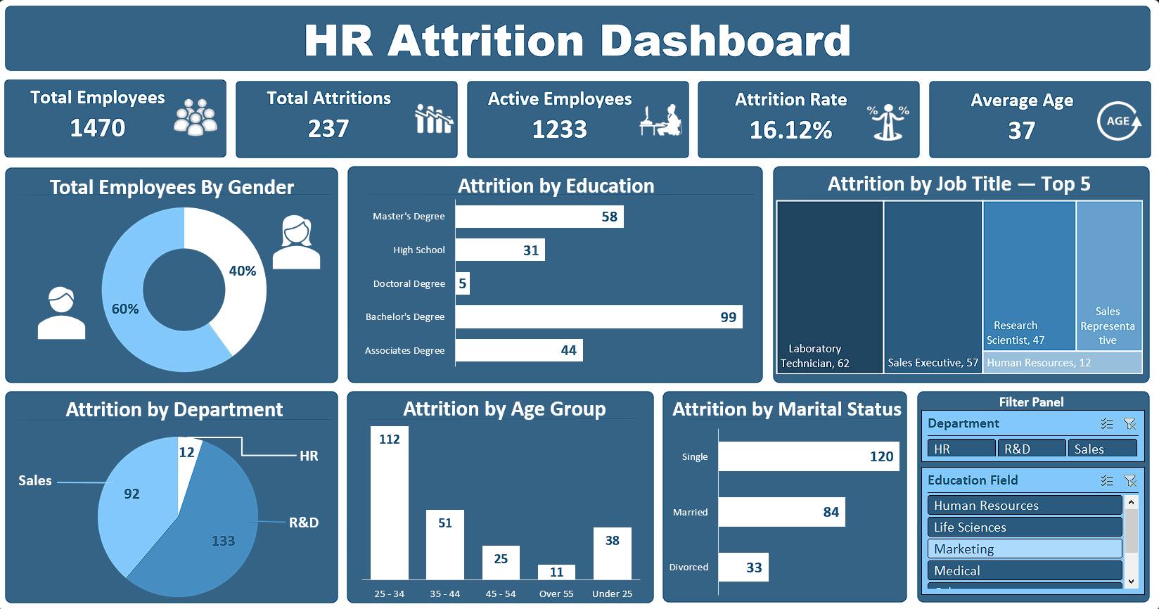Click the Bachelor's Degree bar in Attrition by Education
click(598, 316)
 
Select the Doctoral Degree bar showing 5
click(463, 283)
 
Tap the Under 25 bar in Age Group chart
click(612, 553)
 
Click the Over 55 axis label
click(556, 594)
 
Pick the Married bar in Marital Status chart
click(782, 512)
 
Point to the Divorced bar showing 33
click(743, 567)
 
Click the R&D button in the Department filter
click(1032, 449)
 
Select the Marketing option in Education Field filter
click(1025, 549)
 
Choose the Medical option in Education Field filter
click(1025, 570)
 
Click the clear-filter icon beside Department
click(1129, 424)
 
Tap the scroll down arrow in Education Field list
click(1131, 582)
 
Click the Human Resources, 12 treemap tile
click(1062, 362)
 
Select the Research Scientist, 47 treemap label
click(1015, 333)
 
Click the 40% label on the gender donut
click(242, 271)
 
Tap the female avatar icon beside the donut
click(297, 242)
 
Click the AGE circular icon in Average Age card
click(1119, 122)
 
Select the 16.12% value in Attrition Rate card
click(790, 130)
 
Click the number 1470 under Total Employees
click(97, 128)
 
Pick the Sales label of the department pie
click(34, 480)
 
